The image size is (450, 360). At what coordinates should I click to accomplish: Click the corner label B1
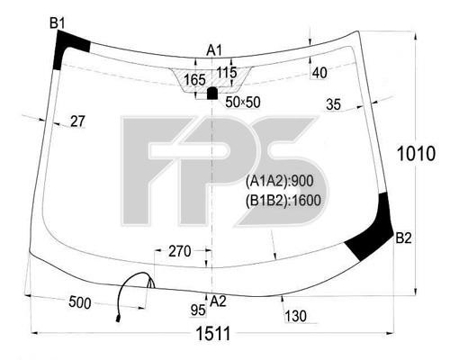coord(57,23)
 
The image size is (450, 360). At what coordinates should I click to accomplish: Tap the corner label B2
coord(403,238)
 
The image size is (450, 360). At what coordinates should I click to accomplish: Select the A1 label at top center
coord(214,50)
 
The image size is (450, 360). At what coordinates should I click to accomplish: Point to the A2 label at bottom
coord(218,301)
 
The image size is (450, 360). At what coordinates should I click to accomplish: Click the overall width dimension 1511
coord(213,334)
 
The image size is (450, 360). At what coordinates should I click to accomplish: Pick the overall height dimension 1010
coord(416,154)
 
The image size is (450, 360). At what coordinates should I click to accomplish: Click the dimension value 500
coord(80,302)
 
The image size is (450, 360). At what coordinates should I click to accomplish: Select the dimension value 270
coord(180,251)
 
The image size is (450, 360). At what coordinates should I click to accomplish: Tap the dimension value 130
coord(295,316)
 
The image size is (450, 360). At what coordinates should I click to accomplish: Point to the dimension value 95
coord(198,310)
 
